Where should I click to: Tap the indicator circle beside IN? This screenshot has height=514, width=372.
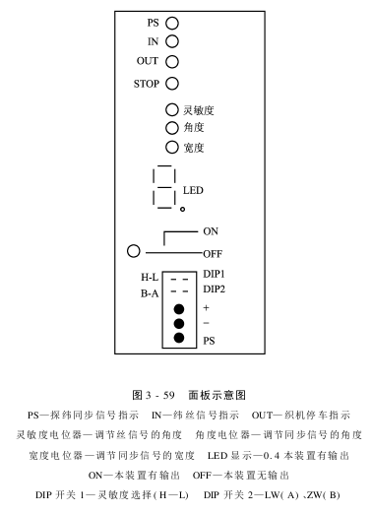tap(171, 41)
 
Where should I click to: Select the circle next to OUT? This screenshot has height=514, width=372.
tap(171, 62)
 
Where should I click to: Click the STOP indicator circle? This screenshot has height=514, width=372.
tap(171, 84)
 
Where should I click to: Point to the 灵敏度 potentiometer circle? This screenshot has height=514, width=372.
tap(171, 109)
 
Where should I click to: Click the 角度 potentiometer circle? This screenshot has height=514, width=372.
tap(171, 128)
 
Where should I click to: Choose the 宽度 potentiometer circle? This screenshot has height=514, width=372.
tap(171, 148)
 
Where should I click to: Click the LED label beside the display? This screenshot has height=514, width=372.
tap(193, 190)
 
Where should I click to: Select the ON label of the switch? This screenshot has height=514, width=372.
tap(211, 232)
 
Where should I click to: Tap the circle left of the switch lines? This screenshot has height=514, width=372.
tap(134, 251)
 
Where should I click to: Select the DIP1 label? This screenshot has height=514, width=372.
tap(215, 274)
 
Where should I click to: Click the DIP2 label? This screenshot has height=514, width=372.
tap(215, 289)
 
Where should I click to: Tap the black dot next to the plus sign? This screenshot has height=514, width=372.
tap(178, 308)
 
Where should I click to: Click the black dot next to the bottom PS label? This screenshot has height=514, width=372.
tap(178, 339)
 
